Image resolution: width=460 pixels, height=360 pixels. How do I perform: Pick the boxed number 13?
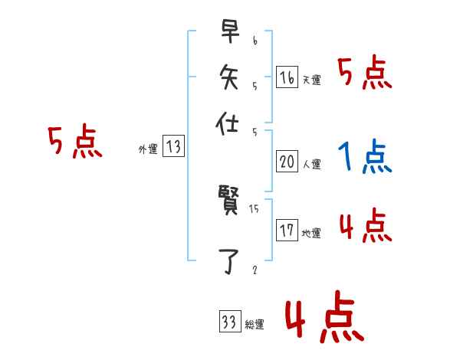point(174,147)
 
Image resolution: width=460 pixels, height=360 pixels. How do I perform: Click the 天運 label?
point(310,80)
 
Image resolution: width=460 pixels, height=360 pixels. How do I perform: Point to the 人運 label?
point(310,164)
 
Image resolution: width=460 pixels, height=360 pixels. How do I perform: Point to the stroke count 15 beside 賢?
point(255,208)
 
